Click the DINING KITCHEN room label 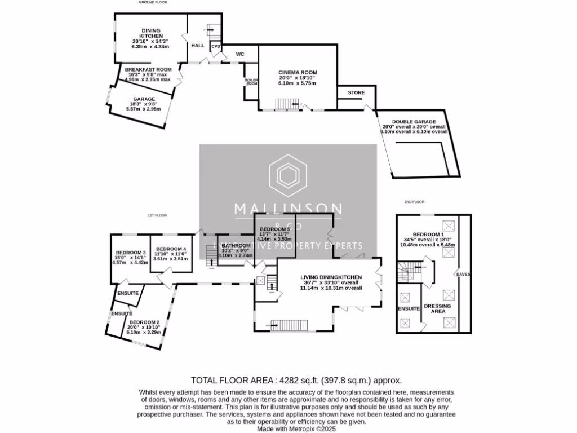(150, 32)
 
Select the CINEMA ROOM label (298, 72)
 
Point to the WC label (239, 55)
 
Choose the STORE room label (356, 92)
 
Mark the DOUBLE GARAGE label (414, 122)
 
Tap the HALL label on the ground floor (197, 46)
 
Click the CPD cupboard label (216, 46)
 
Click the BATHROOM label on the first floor (236, 246)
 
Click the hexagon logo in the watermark (288, 176)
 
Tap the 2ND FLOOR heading (414, 201)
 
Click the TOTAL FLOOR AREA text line (296, 380)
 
